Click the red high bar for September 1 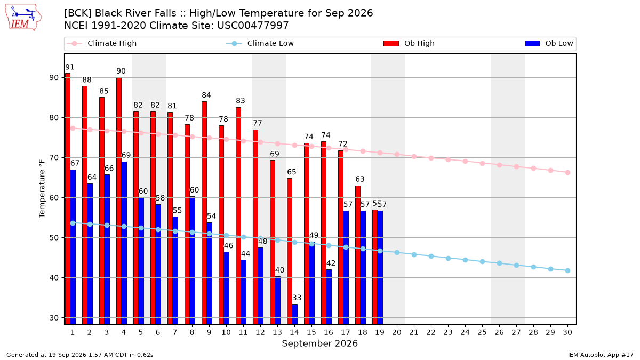pyautogui.click(x=68, y=199)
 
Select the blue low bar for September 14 pyautogui.click(x=295, y=314)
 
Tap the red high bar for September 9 pyautogui.click(x=204, y=213)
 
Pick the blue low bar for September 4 pyautogui.click(x=124, y=243)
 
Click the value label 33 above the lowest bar pyautogui.click(x=297, y=298)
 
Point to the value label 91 pyautogui.click(x=70, y=67)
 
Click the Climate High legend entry pyautogui.click(x=102, y=43)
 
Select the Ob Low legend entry pyautogui.click(x=549, y=43)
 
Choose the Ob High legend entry pyautogui.click(x=409, y=43)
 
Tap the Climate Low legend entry pyautogui.click(x=260, y=43)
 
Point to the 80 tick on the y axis pyautogui.click(x=54, y=118)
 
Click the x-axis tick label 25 pyautogui.click(x=482, y=332)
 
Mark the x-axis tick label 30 pyautogui.click(x=567, y=332)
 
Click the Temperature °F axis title pyautogui.click(x=42, y=189)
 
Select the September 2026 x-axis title pyautogui.click(x=319, y=343)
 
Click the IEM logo pyautogui.click(x=23, y=18)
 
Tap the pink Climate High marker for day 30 pyautogui.click(x=567, y=173)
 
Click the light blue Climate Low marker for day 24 pyautogui.click(x=466, y=260)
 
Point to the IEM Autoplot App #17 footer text pyautogui.click(x=601, y=355)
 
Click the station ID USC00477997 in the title pyautogui.click(x=253, y=26)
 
